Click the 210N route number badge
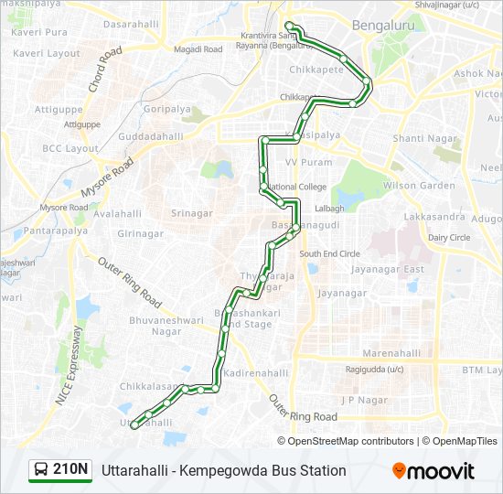pos(60,470)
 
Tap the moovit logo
pos(433,471)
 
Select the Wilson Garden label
pos(420,186)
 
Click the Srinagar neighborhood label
pos(192,213)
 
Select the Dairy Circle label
pos(448,237)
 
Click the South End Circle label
pos(329,253)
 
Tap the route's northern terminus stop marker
pos(289,26)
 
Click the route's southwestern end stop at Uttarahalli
pos(135,424)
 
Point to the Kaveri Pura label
pos(39,32)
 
